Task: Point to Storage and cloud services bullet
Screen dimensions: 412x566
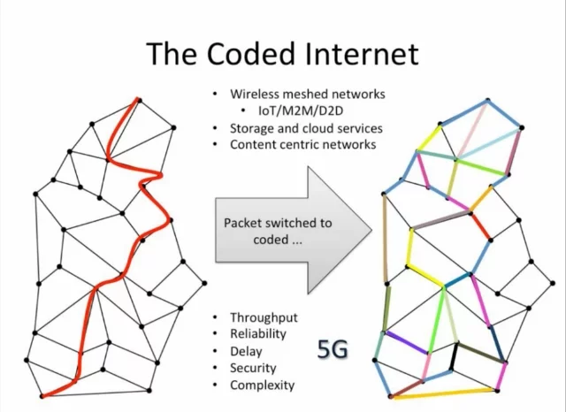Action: pos(302,127)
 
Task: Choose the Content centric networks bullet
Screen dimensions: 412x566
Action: pos(303,144)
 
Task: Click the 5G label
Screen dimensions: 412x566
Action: pos(333,350)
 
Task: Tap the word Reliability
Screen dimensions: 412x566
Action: pos(258,334)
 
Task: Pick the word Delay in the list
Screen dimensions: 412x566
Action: pos(247,351)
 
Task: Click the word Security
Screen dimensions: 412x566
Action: pos(253,368)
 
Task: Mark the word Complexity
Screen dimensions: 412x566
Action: pos(262,385)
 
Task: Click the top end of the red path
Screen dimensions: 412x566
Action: pos(138,99)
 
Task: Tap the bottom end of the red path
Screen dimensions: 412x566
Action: pos(42,394)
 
